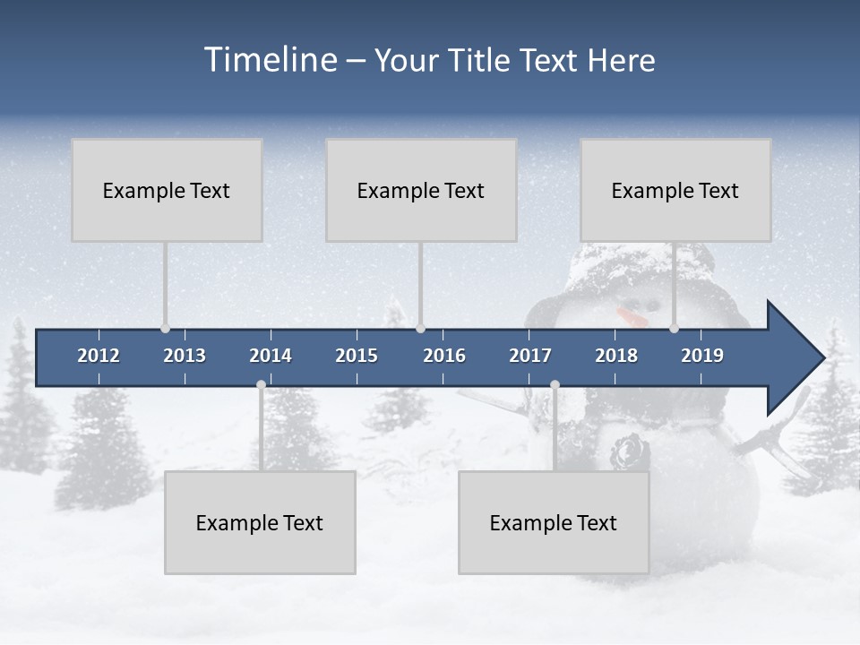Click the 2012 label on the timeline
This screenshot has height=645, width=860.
[99, 356]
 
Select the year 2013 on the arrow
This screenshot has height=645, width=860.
[185, 356]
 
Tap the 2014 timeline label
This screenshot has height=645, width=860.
[271, 356]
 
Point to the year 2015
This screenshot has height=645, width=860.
[357, 356]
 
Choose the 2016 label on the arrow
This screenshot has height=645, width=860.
[444, 356]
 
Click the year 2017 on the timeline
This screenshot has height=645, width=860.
[530, 356]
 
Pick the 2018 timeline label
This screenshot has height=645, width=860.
[616, 356]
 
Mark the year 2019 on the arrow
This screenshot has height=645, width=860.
[702, 356]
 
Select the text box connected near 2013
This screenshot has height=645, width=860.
[167, 190]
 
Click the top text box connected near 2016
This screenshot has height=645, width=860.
[421, 190]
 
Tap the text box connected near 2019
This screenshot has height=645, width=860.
[675, 190]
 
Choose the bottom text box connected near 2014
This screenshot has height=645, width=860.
[260, 522]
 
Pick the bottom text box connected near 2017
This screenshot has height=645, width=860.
[554, 522]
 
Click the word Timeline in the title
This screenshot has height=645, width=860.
[270, 60]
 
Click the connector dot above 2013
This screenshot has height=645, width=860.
[165, 329]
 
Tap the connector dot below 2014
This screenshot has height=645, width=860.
[261, 385]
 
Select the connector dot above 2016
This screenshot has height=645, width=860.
[421, 329]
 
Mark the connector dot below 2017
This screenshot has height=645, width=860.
[555, 385]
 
